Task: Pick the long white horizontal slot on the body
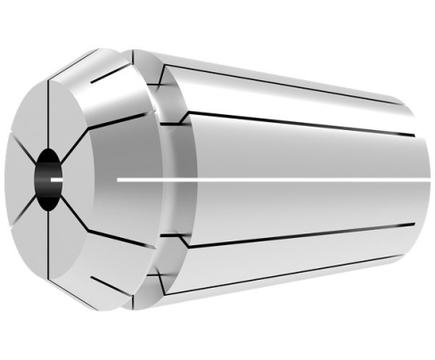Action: coord(267,180)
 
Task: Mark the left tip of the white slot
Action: coord(119,180)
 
